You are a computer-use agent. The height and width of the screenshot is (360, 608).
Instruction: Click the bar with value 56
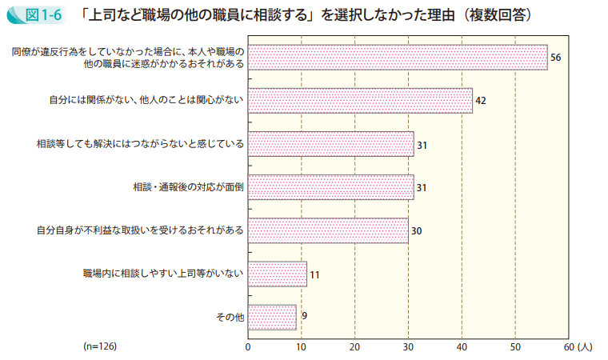pos(398,58)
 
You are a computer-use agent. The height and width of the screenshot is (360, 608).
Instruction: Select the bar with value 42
pos(360,101)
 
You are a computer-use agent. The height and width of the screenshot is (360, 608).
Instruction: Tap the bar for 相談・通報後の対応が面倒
pos(330,187)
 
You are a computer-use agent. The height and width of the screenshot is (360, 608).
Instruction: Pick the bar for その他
pos(272,317)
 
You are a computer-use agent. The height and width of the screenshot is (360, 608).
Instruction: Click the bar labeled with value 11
pos(278,274)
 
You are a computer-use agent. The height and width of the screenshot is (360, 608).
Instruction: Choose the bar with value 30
pos(328,230)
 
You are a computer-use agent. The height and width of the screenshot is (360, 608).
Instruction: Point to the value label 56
pos(556,58)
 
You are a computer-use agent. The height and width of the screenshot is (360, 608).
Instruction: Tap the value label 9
pos(304,316)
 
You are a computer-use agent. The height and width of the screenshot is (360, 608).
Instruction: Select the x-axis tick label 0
pos(248,346)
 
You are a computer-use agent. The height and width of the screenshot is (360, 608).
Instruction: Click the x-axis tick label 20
pos(355,346)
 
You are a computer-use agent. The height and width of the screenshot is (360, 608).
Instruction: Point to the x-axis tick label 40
pos(462,346)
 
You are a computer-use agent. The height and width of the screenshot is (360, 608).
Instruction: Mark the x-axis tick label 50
pos(515,346)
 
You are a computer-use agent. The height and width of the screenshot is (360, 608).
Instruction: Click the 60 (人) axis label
pos(577,346)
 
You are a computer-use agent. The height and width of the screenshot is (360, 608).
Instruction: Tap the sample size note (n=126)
pos(100,346)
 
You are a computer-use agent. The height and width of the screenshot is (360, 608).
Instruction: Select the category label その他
pos(230,317)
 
